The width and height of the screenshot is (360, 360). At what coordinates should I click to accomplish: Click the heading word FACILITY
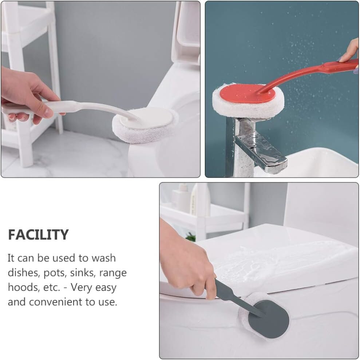pos(38,234)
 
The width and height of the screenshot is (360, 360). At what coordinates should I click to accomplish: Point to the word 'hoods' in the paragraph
pos(21,287)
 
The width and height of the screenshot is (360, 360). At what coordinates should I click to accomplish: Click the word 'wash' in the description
pos(103,258)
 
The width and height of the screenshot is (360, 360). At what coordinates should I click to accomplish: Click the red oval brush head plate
pos(247,94)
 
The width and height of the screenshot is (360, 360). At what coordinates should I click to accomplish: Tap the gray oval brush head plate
pos(269,319)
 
